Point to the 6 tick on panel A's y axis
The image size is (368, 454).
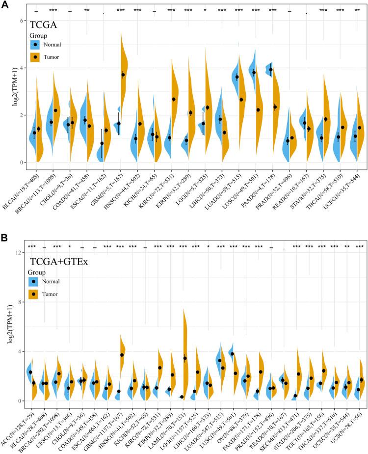tap(22, 21)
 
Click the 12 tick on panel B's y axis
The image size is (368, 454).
tap(21, 252)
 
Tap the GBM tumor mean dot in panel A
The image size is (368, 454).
tap(123, 75)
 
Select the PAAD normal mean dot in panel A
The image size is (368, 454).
tap(270, 70)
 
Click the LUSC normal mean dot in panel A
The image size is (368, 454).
tap(254, 73)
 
